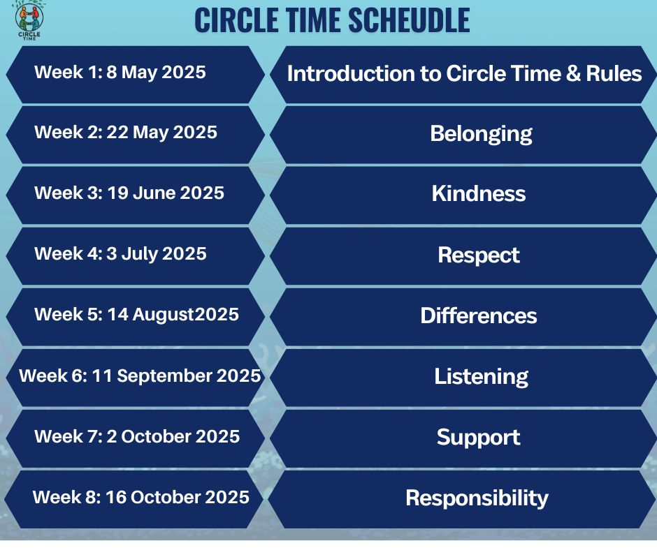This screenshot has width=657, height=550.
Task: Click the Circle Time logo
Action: pos(29,20)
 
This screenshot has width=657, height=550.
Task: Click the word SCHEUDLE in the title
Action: pos(409,20)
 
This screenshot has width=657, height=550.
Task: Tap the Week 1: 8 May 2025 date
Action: pos(120,73)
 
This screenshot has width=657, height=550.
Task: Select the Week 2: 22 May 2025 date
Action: pos(126,133)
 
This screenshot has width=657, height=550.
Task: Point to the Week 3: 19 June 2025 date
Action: pos(129,193)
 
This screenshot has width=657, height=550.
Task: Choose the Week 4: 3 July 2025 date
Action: pos(121,254)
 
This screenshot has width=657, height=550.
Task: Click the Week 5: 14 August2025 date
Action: pos(136,315)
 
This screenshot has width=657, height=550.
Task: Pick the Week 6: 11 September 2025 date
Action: pos(140,376)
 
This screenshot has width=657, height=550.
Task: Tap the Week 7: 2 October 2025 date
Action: pos(137,436)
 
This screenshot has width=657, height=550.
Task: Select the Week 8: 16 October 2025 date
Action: pos(140,497)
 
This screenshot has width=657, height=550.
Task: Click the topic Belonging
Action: pos(482,135)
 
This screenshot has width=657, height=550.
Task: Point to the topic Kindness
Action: pos(479,194)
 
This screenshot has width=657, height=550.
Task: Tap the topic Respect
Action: pos(479,255)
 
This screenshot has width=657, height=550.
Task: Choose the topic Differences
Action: pos(479,315)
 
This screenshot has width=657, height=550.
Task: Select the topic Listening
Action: pos(482,377)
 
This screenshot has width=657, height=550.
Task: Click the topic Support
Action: pos(479,438)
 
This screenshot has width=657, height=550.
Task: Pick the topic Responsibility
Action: pos(477,498)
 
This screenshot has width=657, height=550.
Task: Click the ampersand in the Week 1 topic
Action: pos(573,74)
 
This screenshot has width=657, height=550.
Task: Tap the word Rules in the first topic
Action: pos(614,74)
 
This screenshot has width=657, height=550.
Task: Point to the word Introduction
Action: pos(351,74)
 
